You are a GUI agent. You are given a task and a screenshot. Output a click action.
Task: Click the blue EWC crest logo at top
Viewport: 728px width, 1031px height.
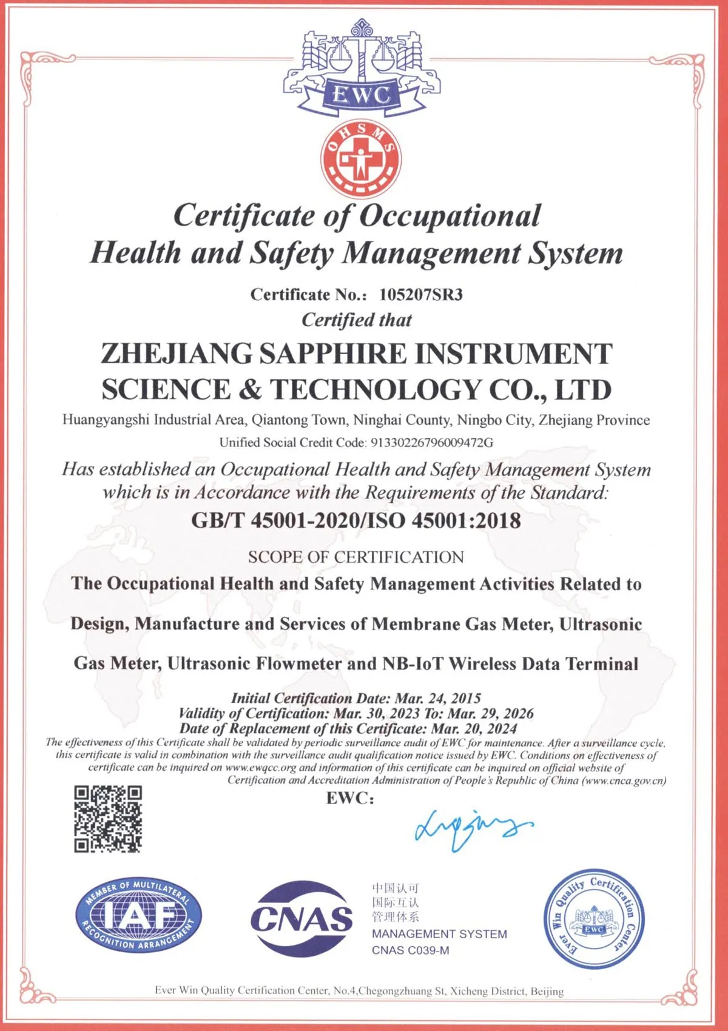(362, 70)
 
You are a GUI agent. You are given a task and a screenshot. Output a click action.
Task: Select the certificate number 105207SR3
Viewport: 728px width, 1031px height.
(421, 295)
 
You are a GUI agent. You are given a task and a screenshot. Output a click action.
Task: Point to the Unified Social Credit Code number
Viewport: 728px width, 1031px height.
(431, 443)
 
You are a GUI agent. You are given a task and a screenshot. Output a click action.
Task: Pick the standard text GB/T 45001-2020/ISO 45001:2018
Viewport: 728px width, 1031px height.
(356, 520)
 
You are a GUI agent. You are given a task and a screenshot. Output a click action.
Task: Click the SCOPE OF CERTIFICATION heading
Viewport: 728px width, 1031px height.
(356, 557)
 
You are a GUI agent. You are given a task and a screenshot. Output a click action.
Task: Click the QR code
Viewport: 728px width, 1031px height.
(108, 819)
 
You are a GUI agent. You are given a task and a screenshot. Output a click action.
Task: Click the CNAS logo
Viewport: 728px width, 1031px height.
(302, 918)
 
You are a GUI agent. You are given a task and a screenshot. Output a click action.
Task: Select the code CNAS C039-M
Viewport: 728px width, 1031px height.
(411, 950)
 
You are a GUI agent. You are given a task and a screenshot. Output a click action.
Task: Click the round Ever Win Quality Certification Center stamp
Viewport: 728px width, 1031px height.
(594, 919)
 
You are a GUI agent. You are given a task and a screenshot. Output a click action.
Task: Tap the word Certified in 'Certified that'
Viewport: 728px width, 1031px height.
(337, 320)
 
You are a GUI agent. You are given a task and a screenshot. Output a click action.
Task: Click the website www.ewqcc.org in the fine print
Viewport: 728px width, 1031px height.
(260, 768)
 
